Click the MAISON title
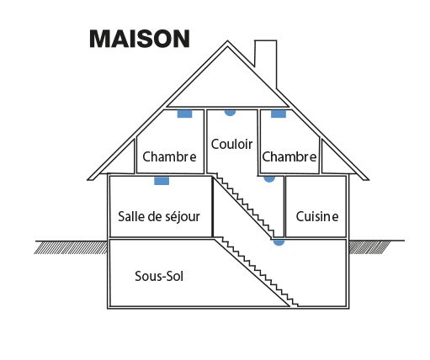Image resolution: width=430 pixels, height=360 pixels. pos(140,39)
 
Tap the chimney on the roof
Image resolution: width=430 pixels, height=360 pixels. pos(266,61)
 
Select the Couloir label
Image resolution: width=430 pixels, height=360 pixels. pos(231,145)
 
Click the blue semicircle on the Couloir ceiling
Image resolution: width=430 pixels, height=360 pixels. pos(230,113)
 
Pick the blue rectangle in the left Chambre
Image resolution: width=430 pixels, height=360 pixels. pos(184,114)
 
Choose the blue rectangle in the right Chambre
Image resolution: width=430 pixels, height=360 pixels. pos(279,114)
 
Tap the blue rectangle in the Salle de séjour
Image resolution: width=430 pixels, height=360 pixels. pos(162,181)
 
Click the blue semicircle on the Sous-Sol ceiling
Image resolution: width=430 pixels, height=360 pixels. pos(279,243)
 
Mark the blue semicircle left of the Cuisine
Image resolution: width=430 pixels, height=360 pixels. pos(269,179)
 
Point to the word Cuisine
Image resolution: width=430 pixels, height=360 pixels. pos(317,217)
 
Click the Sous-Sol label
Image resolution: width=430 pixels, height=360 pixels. pos(159,277)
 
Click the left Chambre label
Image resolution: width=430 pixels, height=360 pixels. pos(169,156)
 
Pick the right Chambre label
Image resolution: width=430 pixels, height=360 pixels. pos(289,156)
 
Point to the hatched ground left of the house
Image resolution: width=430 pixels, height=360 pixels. pos(71,247)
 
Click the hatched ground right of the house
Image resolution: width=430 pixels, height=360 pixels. pos(369,247)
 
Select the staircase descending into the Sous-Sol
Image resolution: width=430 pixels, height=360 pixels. pos(256,273)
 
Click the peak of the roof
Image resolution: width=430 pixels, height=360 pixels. pos(227,41)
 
